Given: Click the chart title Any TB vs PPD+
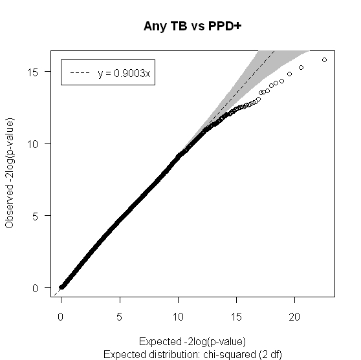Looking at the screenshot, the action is tap(193, 26).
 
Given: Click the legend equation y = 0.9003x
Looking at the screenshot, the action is tap(124, 73).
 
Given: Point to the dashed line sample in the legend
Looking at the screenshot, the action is tap(80, 73).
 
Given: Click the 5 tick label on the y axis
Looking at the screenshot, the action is tap(35, 217).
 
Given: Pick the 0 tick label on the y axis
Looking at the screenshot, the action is tap(35, 288).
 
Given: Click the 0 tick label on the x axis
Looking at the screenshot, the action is tap(61, 317).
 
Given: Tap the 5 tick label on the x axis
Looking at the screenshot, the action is tap(119, 317).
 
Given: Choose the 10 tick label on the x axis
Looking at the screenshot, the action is tap(178, 317).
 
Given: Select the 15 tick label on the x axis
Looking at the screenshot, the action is tap(236, 317).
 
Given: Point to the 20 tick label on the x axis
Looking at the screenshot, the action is tap(294, 317).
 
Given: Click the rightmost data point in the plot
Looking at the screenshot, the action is tap(324, 60).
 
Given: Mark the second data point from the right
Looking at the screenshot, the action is tap(301, 67).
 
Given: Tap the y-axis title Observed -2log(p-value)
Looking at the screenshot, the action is tap(9, 173).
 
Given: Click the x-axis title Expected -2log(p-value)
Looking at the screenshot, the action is tap(193, 342).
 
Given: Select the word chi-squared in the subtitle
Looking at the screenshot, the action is tap(230, 354).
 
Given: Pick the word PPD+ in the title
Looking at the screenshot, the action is tap(224, 26).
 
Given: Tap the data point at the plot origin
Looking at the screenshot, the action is tap(61, 287).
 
